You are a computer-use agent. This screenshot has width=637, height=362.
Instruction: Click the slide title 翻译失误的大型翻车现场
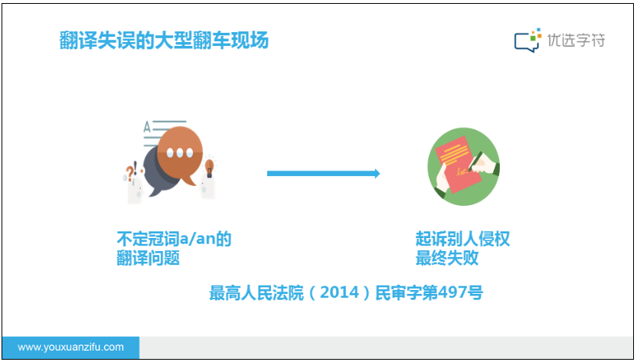164,41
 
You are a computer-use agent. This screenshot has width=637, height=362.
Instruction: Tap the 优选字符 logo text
576,41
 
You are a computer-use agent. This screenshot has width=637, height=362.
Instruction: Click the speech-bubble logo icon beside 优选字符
528,41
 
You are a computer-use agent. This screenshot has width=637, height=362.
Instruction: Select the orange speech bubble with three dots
180,155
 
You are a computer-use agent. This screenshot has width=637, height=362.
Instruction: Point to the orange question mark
129,173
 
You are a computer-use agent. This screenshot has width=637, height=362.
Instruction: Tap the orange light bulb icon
209,168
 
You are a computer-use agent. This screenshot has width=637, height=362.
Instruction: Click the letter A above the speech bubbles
147,127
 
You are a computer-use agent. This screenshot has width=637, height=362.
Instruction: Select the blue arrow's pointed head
377,174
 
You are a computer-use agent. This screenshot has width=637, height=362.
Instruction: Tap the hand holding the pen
484,164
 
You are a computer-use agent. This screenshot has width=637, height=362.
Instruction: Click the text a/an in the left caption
198,239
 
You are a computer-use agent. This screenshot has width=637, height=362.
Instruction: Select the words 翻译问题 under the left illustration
149,258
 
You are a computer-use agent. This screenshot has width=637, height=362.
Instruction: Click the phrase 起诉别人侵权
462,239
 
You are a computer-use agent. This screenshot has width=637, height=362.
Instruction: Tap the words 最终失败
447,258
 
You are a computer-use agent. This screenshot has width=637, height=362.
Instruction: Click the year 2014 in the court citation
340,292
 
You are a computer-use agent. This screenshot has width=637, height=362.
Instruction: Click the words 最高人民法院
256,292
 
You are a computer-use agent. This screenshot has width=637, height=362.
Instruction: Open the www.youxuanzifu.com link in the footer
70,347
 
